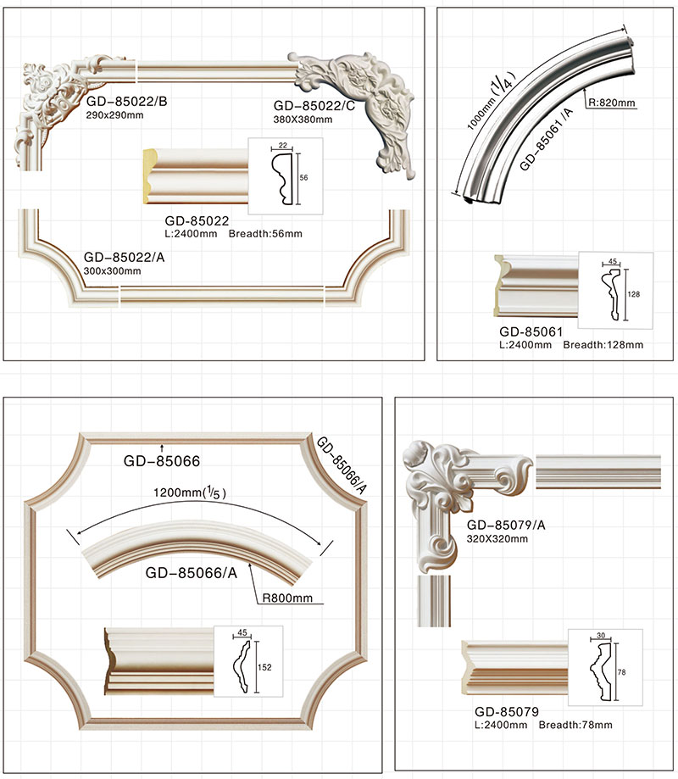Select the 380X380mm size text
click(x=303, y=120)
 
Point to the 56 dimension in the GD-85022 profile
click(x=303, y=177)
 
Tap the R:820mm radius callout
click(x=610, y=103)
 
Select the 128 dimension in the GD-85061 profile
click(x=632, y=294)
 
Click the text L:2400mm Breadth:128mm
click(x=570, y=345)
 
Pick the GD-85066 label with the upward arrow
click(x=161, y=462)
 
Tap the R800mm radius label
click(x=288, y=598)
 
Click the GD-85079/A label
click(x=507, y=524)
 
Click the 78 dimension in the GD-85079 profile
click(x=623, y=670)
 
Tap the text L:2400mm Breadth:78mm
click(x=542, y=725)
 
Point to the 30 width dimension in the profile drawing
click(x=600, y=635)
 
